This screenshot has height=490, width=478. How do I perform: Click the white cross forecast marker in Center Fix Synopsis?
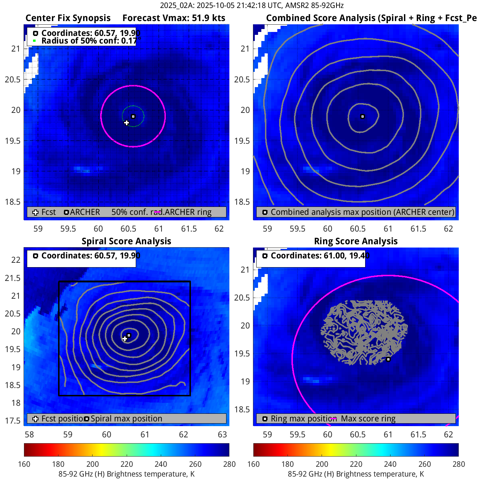[x=126, y=123]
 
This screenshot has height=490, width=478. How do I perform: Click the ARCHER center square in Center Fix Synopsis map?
[x=133, y=117]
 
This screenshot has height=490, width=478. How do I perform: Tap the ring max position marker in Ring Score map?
[x=388, y=359]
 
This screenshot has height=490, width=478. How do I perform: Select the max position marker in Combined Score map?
[x=362, y=117]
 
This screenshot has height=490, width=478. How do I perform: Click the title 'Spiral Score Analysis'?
[x=126, y=241]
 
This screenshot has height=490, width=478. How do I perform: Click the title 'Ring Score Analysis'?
[x=356, y=241]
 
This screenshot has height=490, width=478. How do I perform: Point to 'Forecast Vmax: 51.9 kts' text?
[x=174, y=18]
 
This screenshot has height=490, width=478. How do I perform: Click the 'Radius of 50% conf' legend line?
[x=89, y=41]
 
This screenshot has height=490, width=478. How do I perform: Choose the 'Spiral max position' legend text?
[x=126, y=418]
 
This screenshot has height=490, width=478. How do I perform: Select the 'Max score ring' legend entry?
[x=368, y=418]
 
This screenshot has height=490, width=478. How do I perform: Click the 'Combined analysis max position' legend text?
[x=362, y=212]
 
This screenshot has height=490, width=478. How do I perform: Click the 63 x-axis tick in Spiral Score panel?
[x=222, y=434]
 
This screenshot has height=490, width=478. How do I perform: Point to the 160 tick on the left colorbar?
[x=24, y=464]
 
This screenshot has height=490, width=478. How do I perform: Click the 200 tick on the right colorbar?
[x=322, y=464]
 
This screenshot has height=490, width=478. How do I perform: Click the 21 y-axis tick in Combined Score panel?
[x=245, y=49]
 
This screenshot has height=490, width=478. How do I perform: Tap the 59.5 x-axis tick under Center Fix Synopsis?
[x=68, y=229]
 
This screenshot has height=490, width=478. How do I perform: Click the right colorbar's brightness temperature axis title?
[x=356, y=474]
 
